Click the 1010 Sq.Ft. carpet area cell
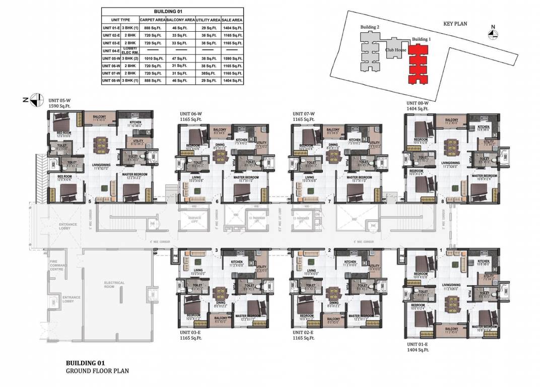point(152,58)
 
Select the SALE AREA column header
point(232,20)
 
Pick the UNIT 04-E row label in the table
point(110,50)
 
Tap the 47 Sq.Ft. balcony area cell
point(180,58)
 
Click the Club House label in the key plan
point(396,50)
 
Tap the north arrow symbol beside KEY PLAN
point(493,33)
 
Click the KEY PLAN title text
point(456,24)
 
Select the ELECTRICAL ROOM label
point(114,285)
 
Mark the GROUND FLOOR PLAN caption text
point(97,371)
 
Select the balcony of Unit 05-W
point(100,118)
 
